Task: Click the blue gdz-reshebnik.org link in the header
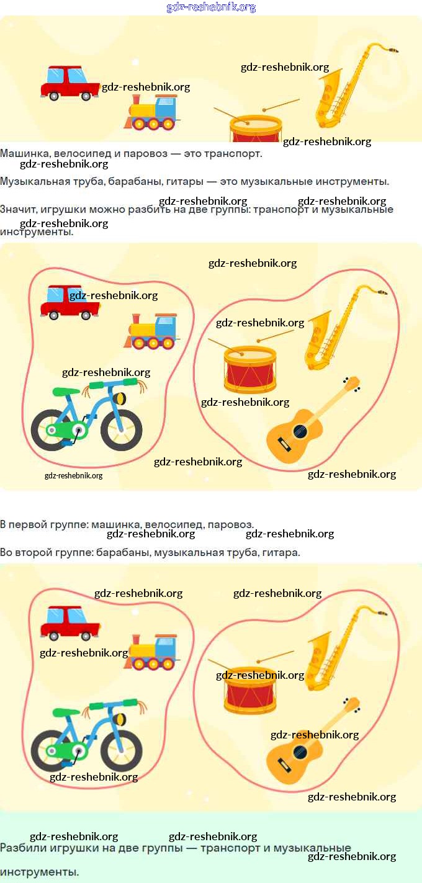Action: (x=211, y=7)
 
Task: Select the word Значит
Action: (x=19, y=210)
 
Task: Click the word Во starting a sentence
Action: (x=6, y=552)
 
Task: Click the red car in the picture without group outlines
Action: (x=70, y=83)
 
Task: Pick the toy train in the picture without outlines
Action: (x=152, y=113)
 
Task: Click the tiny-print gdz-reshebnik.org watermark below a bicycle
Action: (x=73, y=476)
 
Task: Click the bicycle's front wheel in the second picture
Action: (x=122, y=429)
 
